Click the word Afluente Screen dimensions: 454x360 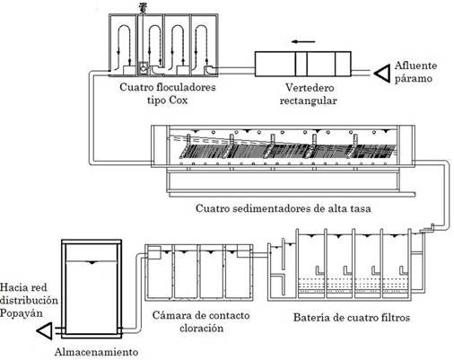click(415, 66)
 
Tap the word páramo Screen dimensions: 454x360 click(414, 79)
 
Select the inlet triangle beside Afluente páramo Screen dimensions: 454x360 click(382, 73)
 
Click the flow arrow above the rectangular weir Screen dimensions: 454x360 click(303, 41)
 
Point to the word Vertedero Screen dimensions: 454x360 click(310, 88)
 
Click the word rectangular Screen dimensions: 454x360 click(308, 101)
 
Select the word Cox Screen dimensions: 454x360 click(179, 100)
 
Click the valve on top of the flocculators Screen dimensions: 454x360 click(143, 7)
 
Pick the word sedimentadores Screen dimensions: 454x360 click(272, 208)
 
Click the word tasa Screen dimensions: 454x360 click(360, 208)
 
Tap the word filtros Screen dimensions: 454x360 click(394, 317)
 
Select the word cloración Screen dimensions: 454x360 click(202, 329)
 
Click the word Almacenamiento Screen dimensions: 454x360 click(96, 352)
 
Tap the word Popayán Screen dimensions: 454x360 click(21, 313)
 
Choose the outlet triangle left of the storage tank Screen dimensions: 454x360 click(45, 331)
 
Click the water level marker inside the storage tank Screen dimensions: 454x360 click(92, 263)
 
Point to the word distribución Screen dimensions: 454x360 click(29, 300)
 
